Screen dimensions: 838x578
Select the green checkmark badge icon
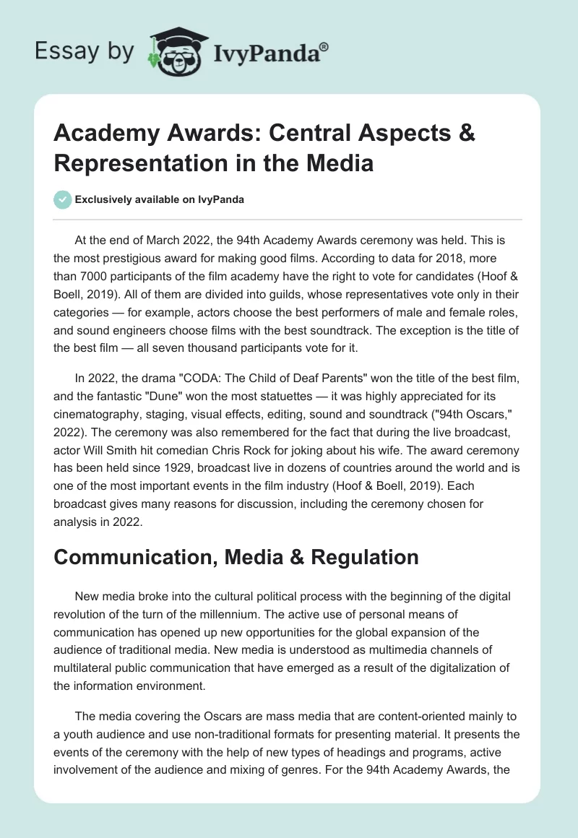[x=63, y=199]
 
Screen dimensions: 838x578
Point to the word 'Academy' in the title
[x=98, y=135]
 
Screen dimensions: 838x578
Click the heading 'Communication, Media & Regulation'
[x=236, y=557]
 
